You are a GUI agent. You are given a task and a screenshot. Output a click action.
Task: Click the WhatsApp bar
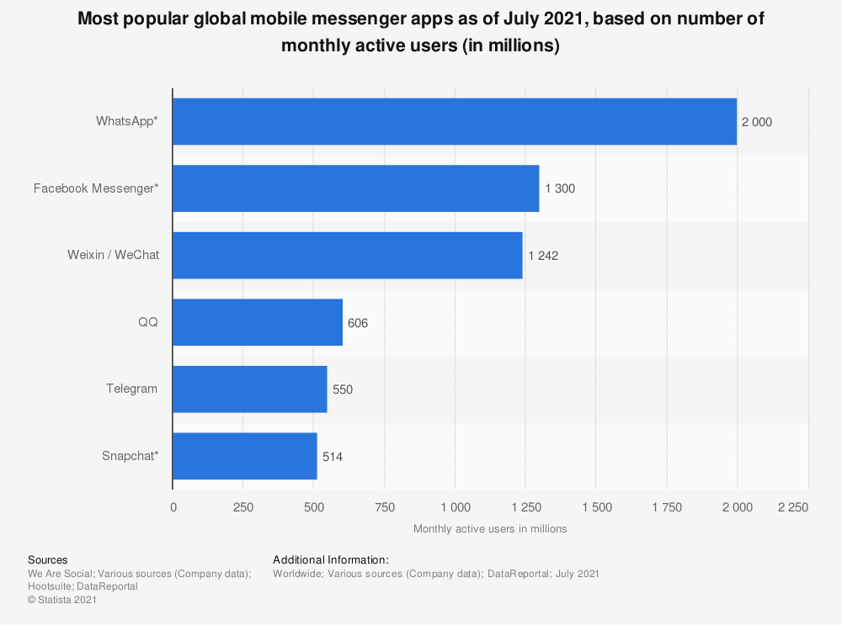[x=455, y=121]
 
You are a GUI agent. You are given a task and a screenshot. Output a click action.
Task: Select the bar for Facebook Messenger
[x=355, y=188]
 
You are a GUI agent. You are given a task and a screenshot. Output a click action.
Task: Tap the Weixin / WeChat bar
[x=347, y=255]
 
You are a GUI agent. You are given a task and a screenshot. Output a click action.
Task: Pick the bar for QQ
[x=258, y=322]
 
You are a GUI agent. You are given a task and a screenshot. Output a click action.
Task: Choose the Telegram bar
[x=249, y=389]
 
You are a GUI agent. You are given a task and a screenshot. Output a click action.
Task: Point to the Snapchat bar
[x=244, y=456]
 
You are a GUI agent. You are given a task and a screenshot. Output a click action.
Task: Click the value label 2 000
[x=756, y=122]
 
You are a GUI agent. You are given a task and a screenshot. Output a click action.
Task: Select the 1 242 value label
[x=543, y=256]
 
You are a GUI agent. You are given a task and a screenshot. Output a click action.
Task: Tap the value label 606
[x=358, y=323]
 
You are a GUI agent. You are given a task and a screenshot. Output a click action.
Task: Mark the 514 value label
[x=333, y=457]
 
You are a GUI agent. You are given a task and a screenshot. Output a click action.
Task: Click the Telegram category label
[x=131, y=389]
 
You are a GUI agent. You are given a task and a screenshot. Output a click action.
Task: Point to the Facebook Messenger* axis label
[x=96, y=188]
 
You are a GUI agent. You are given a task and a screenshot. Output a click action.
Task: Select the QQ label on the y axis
[x=148, y=322]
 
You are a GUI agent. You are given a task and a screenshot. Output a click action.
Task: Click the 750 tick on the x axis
[x=385, y=507]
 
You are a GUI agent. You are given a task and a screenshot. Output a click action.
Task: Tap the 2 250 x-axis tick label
[x=792, y=507]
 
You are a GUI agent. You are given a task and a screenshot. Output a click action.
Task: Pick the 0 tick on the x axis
[x=173, y=507]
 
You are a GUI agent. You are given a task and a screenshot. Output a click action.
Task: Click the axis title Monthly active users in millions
[x=490, y=529]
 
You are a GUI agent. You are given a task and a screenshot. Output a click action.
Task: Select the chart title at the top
[x=421, y=32]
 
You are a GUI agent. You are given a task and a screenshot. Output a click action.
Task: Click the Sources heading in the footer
[x=48, y=559]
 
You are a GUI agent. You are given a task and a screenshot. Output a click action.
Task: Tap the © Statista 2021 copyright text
[x=62, y=600]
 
